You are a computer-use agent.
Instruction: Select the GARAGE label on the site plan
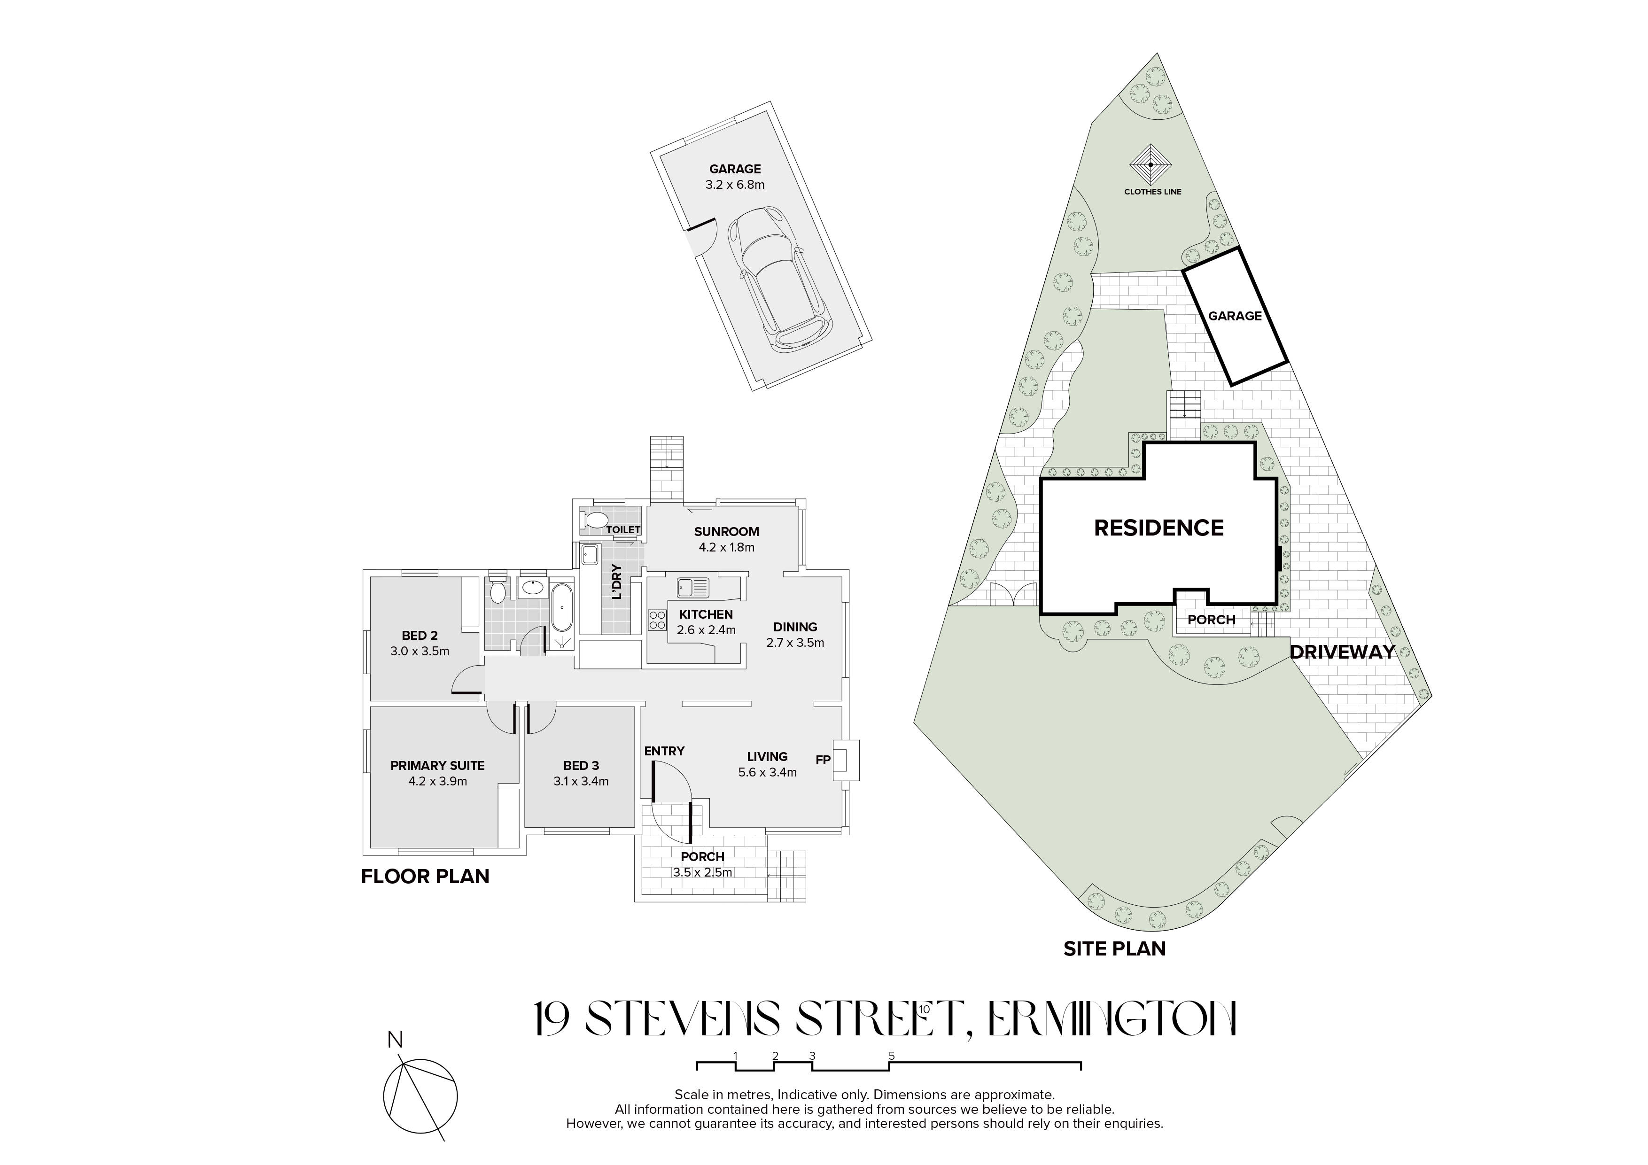coord(1235,316)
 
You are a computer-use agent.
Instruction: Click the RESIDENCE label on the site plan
coord(1158,528)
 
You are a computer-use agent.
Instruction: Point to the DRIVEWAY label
coord(1342,652)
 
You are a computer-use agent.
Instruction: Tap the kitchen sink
coord(692,587)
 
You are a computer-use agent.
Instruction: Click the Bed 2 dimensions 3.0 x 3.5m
coord(420,652)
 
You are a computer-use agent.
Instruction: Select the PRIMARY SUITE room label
coord(438,766)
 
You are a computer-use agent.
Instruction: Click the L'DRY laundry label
coord(616,582)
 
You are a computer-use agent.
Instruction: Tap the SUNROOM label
coord(726,532)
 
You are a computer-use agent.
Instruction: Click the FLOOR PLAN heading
coord(425,877)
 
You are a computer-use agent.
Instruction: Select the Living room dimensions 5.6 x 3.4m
coord(767,772)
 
